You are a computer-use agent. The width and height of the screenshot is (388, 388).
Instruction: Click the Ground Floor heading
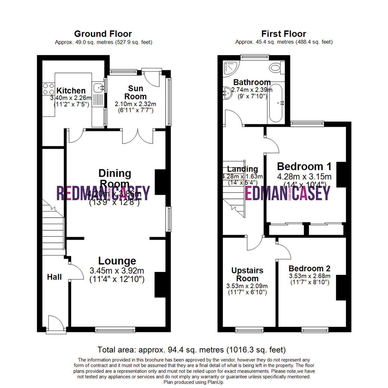[103, 34]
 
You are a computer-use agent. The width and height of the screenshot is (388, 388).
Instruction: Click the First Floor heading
[283, 34]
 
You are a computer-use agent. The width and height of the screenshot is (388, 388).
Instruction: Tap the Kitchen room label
[71, 91]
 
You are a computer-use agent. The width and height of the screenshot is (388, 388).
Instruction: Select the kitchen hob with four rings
[48, 89]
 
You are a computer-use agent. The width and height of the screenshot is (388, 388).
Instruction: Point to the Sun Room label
[136, 92]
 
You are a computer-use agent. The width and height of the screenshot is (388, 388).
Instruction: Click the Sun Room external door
[151, 77]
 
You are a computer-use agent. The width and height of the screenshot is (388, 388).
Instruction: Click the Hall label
[54, 277]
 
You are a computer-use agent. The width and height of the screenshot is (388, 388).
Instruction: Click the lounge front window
[115, 329]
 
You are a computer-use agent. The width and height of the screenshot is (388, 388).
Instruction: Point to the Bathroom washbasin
[227, 93]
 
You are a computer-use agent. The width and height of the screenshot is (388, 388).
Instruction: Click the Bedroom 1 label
[304, 167]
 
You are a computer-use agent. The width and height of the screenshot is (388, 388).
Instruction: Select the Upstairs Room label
[247, 274]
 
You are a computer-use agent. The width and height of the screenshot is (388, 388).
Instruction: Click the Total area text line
[191, 349]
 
